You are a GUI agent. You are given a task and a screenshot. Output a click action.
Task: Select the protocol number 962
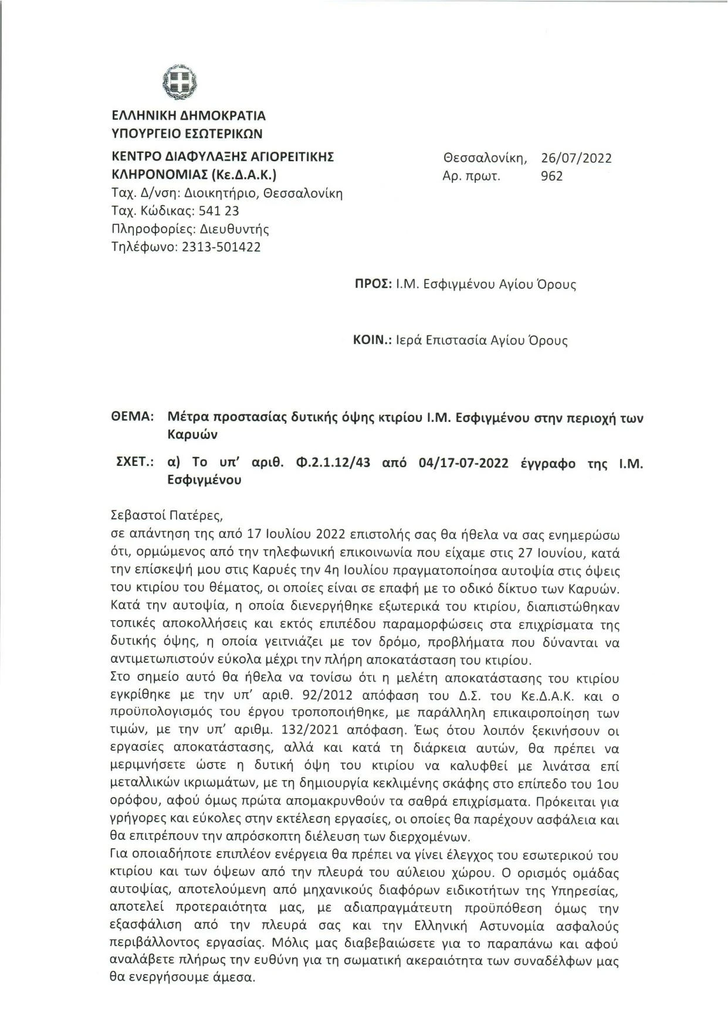[x=552, y=176]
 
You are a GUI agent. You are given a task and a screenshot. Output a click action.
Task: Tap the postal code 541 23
[x=219, y=211]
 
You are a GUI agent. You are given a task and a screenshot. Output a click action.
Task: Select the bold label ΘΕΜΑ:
[x=132, y=418]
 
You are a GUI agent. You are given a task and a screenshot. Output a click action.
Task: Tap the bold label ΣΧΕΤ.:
[x=136, y=463]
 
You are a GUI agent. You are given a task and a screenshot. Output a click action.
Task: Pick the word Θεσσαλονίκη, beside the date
[x=485, y=158]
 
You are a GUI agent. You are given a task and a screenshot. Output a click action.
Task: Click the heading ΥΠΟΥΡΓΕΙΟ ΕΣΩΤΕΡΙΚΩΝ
[x=187, y=133]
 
